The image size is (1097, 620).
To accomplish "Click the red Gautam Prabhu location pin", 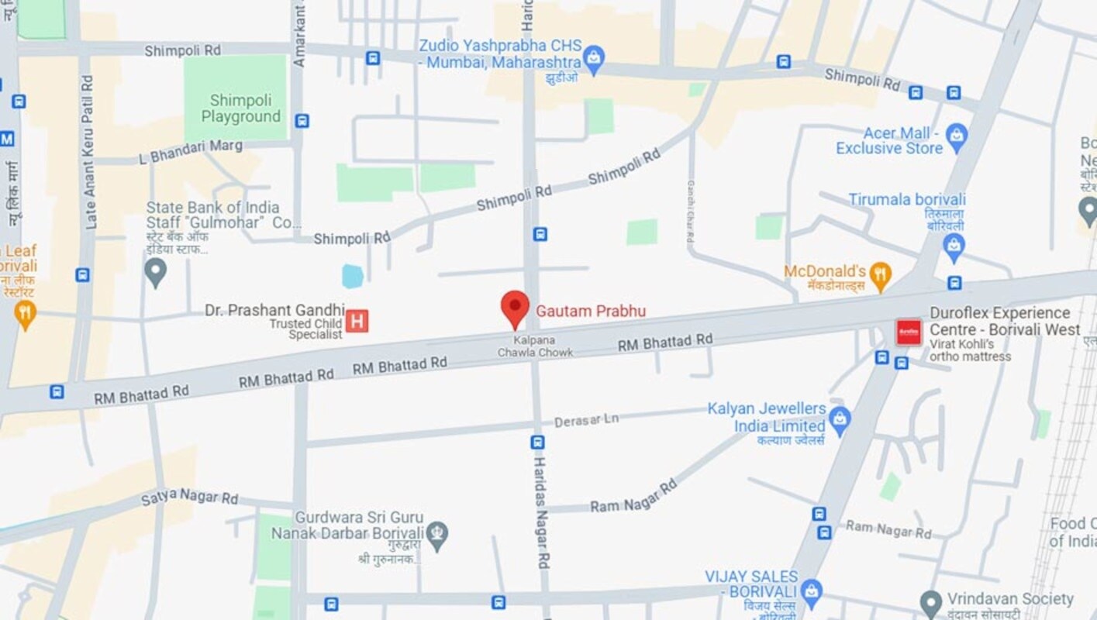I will point(515,308).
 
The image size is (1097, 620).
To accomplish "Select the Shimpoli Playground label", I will point(241,109).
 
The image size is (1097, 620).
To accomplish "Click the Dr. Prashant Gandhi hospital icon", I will point(357,320).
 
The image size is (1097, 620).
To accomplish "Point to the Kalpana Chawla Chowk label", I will point(535,346).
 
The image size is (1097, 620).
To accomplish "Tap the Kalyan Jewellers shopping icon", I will point(839,420).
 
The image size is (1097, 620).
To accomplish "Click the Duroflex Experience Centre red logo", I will point(909,332).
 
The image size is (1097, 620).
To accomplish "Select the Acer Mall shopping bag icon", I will point(957,138).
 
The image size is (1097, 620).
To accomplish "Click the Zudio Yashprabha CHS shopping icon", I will point(593,58).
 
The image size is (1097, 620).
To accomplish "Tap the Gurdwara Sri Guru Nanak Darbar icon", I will point(437,535).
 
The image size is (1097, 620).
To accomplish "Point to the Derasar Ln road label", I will point(586,420).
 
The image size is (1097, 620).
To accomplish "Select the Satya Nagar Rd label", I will point(189,497).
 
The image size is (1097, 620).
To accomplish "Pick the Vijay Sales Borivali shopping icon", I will point(811,590).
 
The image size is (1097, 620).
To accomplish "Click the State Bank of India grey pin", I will point(156,271).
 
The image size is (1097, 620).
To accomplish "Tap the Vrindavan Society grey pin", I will point(930,601).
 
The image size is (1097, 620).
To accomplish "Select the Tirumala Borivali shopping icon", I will point(954,247).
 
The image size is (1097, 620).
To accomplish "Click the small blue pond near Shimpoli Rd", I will point(353,276).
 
